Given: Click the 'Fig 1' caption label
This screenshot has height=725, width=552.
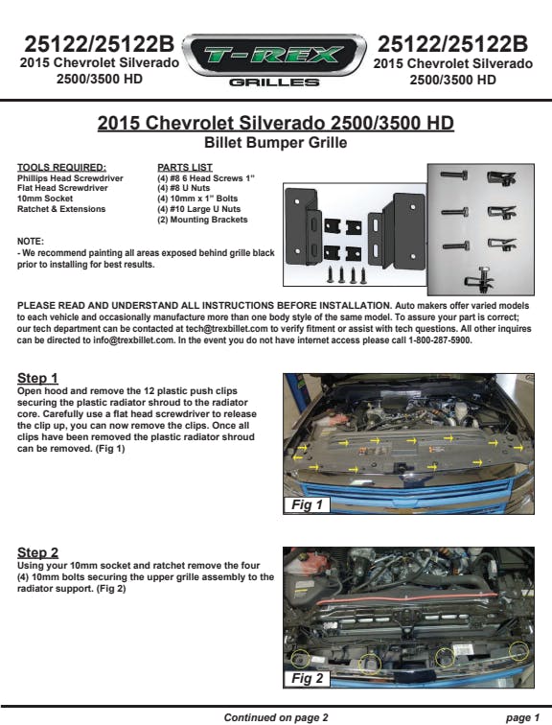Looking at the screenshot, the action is pos(308,504).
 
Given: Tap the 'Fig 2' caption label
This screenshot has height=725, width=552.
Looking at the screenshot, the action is pos(308,678).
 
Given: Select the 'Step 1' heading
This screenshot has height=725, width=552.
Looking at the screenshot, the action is pos(37,378).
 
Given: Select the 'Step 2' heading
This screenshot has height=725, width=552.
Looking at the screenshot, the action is pos(38,552).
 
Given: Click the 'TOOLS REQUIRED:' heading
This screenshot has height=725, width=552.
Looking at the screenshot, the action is pos(61,168).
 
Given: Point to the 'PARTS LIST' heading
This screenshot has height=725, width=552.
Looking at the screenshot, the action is pos(185,168).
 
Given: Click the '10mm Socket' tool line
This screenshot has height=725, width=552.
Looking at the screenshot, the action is pos(45,199).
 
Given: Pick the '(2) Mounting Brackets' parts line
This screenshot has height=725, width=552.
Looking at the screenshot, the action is pos(202,220).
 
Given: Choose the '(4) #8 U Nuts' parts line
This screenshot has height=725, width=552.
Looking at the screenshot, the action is pos(183,188).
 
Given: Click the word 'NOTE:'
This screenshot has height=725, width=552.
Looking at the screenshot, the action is pos(30,242).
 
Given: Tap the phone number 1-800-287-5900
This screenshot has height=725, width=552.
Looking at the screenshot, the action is pos(440,340).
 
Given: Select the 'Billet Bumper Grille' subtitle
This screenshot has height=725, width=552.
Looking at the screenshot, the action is pos(276,142).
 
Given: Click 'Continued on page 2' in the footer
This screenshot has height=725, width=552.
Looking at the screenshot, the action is pos(276,717).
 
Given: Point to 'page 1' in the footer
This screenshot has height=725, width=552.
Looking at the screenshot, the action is pos(522,717).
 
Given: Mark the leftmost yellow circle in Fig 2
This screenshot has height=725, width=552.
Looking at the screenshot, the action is pos(301,659).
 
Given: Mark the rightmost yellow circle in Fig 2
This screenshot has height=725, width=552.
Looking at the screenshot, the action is pos(518,651).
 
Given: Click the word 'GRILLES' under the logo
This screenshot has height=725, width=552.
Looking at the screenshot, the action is pos(274,82).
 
